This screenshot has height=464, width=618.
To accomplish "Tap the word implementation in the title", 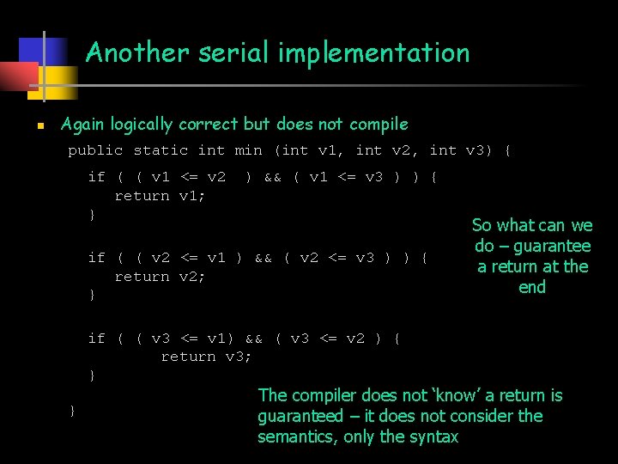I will click(373, 53).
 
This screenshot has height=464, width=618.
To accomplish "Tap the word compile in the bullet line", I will click(378, 125).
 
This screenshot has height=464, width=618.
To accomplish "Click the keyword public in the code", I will click(95, 150).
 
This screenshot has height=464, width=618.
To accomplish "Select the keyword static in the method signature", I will click(161, 150).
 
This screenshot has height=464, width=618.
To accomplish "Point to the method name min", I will click(248, 150).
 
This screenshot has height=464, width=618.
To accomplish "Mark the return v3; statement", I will click(206, 356).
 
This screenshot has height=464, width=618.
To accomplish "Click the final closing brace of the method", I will click(73, 411).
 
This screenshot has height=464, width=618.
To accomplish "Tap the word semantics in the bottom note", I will click(296, 437).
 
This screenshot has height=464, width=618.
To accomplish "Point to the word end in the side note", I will click(532, 287).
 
